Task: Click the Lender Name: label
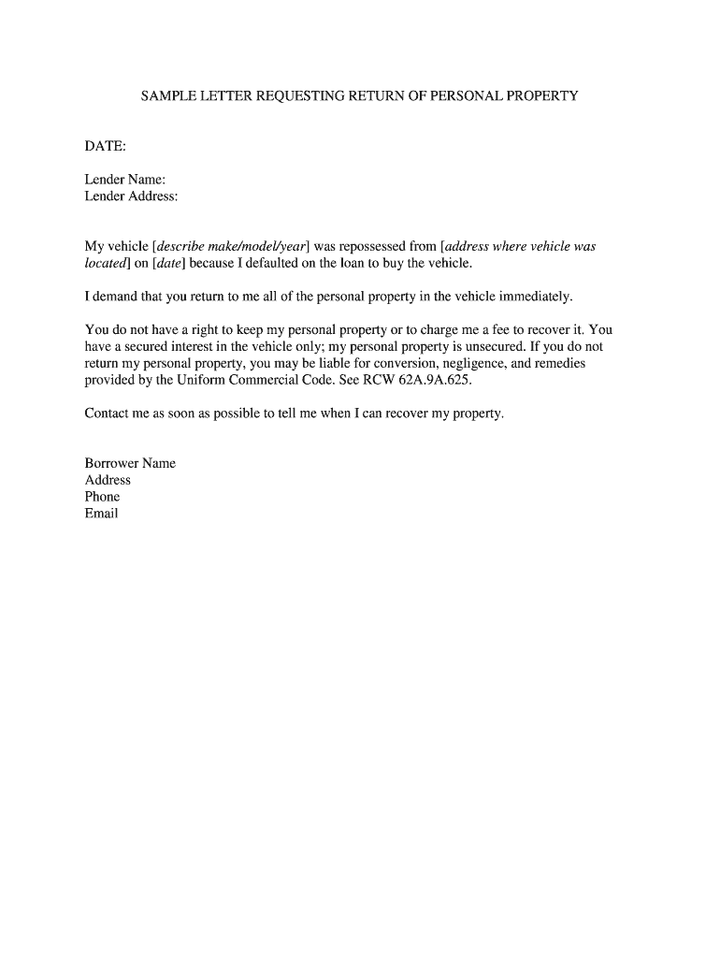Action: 125,180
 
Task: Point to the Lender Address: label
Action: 131,196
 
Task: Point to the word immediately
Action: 535,297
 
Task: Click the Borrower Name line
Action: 130,463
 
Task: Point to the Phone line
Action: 102,497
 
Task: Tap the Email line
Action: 101,514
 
